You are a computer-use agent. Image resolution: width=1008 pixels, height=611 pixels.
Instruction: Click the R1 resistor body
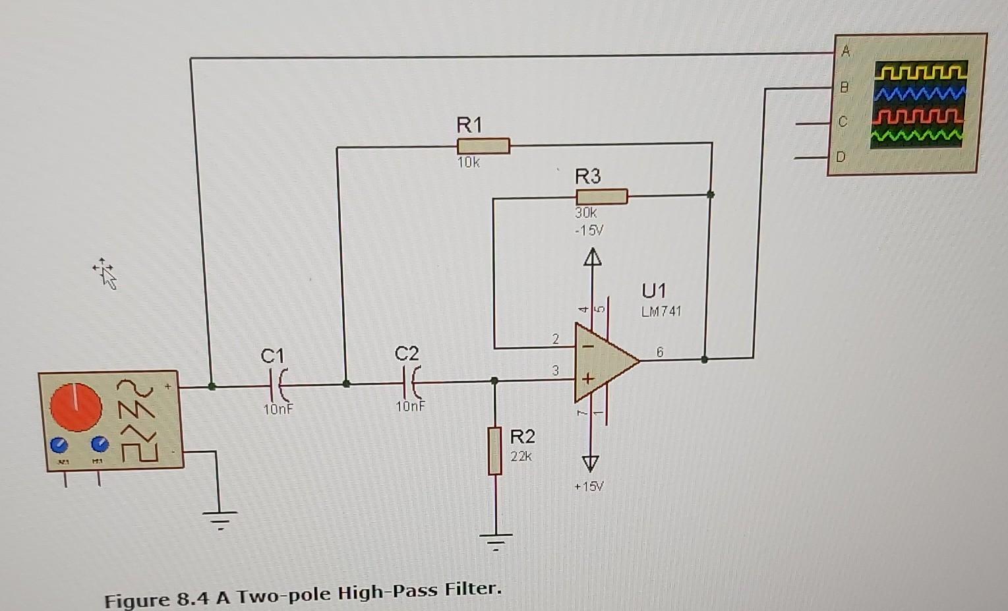coord(483,146)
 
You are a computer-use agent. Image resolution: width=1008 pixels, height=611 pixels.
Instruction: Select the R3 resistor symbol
coord(601,196)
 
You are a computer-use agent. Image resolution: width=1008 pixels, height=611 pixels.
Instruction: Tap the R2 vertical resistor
coord(495,451)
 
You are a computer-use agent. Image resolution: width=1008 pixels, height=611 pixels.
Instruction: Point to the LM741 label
coord(661,312)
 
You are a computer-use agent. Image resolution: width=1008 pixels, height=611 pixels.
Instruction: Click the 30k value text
coord(585,213)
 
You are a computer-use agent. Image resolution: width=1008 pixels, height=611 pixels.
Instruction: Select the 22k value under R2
coord(521,456)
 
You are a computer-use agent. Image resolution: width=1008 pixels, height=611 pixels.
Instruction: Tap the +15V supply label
coord(588,487)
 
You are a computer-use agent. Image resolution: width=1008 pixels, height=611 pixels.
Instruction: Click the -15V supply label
coord(588,231)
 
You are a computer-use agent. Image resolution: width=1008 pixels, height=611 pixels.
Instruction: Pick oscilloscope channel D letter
coord(840,157)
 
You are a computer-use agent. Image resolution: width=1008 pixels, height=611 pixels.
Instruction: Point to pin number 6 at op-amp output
coord(659,353)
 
